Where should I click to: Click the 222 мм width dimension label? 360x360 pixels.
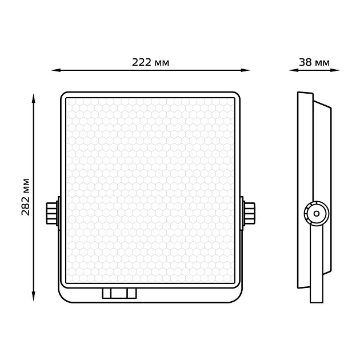[x=150, y=62]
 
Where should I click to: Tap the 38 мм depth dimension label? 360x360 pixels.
[x=314, y=62]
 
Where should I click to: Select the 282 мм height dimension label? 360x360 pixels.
[x=26, y=197]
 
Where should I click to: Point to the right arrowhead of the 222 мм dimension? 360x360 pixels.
[x=245, y=70]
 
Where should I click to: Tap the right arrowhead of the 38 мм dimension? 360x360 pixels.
[x=335, y=70]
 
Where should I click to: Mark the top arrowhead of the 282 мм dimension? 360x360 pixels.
[x=34, y=98]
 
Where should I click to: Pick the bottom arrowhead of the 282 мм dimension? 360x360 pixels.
[x=34, y=296]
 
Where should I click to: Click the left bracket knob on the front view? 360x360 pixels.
[x=52, y=213]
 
